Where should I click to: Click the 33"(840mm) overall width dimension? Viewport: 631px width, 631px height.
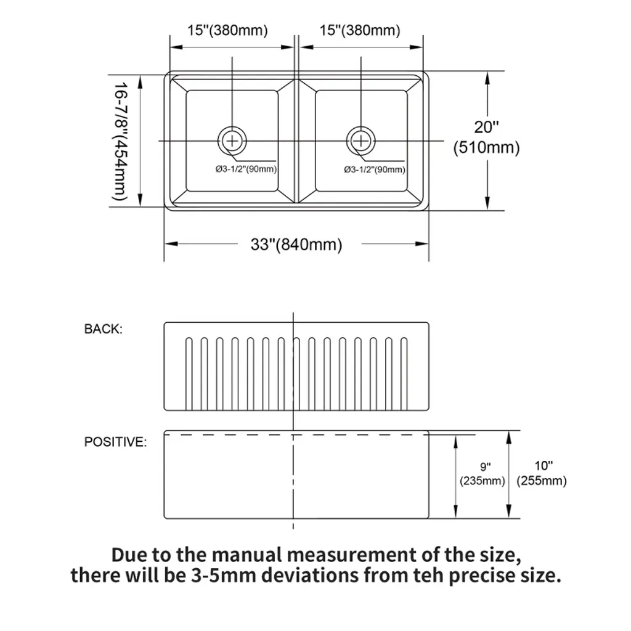coord(296,244)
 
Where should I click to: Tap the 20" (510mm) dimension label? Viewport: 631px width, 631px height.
coord(486,137)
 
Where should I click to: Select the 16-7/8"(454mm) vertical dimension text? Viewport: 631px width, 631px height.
coord(120,141)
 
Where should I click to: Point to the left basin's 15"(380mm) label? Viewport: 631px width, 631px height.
coord(227,30)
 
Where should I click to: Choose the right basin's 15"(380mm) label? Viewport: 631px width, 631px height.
coord(360,30)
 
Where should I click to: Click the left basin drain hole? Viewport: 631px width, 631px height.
coord(232,141)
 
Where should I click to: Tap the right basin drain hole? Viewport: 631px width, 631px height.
coord(361,141)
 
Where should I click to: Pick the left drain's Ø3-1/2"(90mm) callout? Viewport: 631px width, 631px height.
coord(246,169)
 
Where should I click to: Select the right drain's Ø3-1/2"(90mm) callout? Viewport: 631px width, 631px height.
coord(374,169)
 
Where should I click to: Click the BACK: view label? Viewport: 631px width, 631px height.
coord(104,329)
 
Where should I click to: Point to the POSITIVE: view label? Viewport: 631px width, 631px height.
coord(115,442)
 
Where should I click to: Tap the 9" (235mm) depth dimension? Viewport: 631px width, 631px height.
coord(482,474)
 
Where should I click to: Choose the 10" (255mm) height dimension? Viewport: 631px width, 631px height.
coord(542,473)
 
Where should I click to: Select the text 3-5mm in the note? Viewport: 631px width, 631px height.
coord(223,575)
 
